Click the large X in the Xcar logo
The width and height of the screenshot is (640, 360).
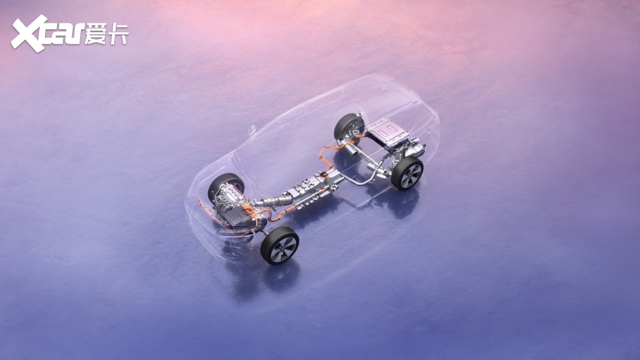29,34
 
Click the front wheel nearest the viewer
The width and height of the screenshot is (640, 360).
280,246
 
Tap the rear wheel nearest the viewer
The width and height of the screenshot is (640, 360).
407,174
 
